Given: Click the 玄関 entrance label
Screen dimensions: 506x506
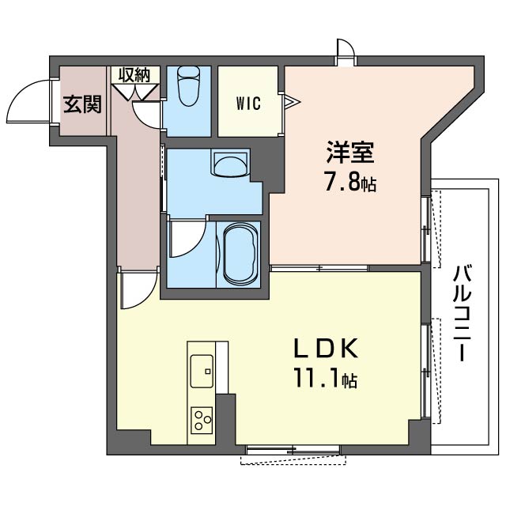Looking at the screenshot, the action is [82, 104].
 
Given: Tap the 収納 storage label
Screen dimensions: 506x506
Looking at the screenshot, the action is [134, 75].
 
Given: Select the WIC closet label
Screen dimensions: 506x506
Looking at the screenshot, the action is [248, 104].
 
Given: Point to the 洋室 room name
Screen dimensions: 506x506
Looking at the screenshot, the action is [349, 152].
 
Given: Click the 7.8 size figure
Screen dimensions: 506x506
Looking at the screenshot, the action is [342, 183].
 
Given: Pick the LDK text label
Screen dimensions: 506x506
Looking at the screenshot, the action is [326, 349].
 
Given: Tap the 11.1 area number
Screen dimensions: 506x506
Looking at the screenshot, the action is [317, 379].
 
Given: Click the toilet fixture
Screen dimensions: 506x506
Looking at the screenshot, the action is [190, 86].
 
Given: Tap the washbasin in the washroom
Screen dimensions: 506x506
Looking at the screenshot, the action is [230, 162].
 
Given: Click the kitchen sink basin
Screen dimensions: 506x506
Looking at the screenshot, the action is [202, 371].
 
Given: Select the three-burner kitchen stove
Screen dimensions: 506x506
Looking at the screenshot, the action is [202, 420].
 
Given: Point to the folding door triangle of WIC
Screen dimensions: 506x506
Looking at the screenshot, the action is [292, 102].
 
